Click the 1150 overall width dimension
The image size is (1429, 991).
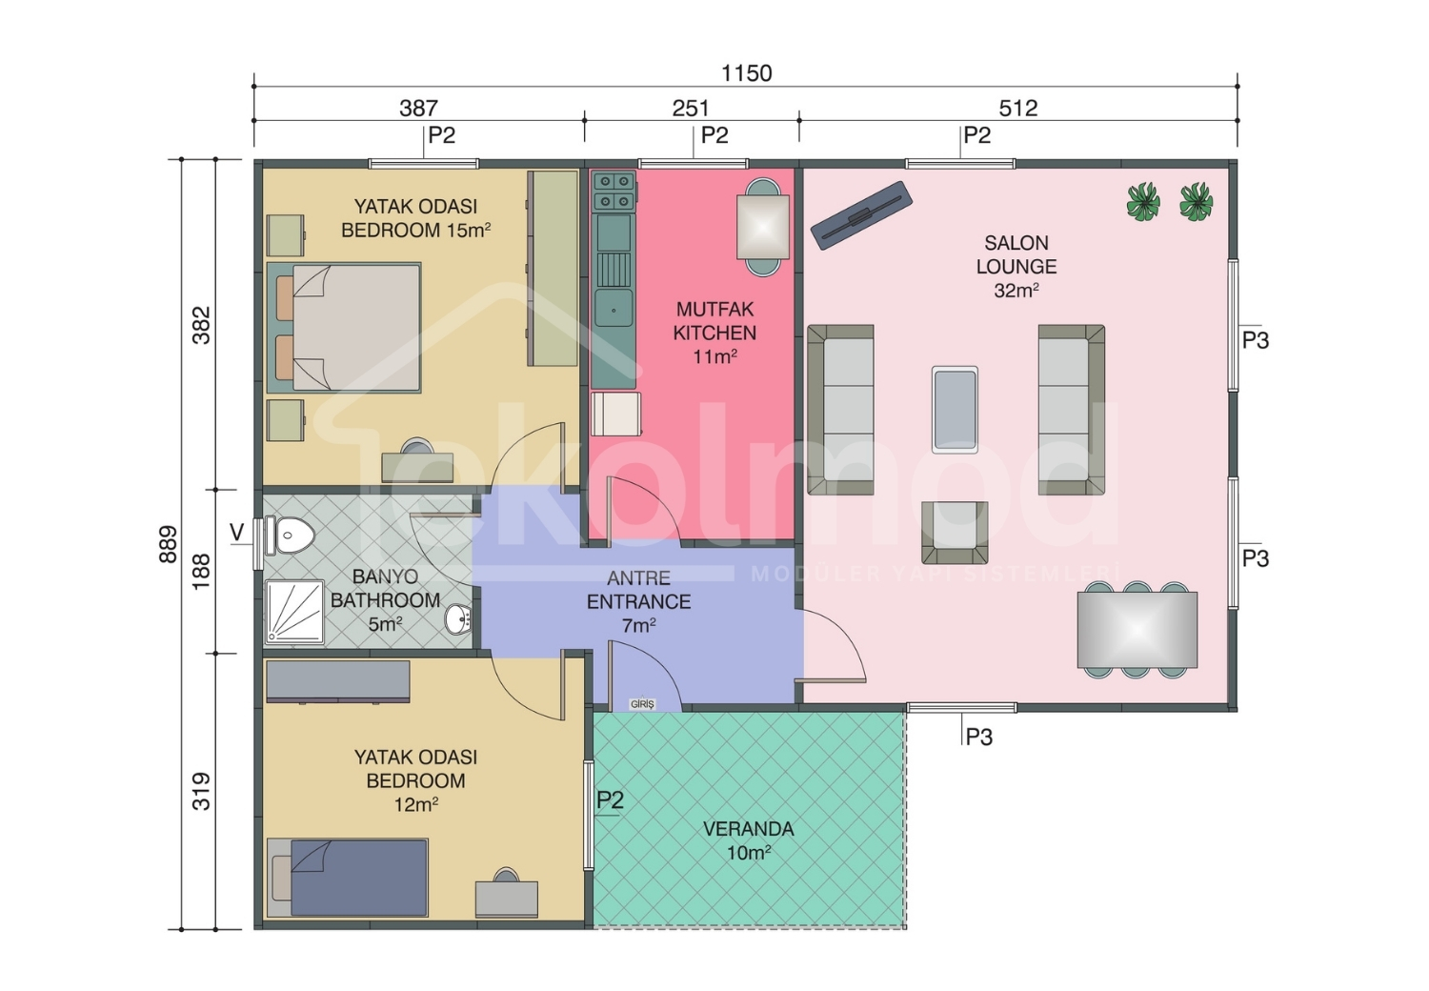tap(746, 74)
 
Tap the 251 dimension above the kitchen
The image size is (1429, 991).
tap(691, 108)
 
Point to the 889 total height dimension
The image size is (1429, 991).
tap(168, 544)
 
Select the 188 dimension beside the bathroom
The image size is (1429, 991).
tap(201, 571)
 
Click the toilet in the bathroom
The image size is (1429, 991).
tap(291, 535)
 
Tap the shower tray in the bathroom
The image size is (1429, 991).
tap(294, 612)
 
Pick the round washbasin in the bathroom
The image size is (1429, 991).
tap(458, 618)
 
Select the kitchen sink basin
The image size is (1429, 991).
tap(614, 309)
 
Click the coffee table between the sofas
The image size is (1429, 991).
tap(955, 410)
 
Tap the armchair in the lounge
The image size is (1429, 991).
tap(955, 533)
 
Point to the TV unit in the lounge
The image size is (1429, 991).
tap(861, 215)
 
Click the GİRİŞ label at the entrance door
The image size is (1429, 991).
tap(642, 704)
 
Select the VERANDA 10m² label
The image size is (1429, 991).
tap(748, 840)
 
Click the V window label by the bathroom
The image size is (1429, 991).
tap(236, 533)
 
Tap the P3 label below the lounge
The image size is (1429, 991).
tap(978, 737)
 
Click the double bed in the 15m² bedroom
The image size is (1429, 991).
tap(344, 328)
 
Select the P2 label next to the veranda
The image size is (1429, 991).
tap(610, 799)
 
